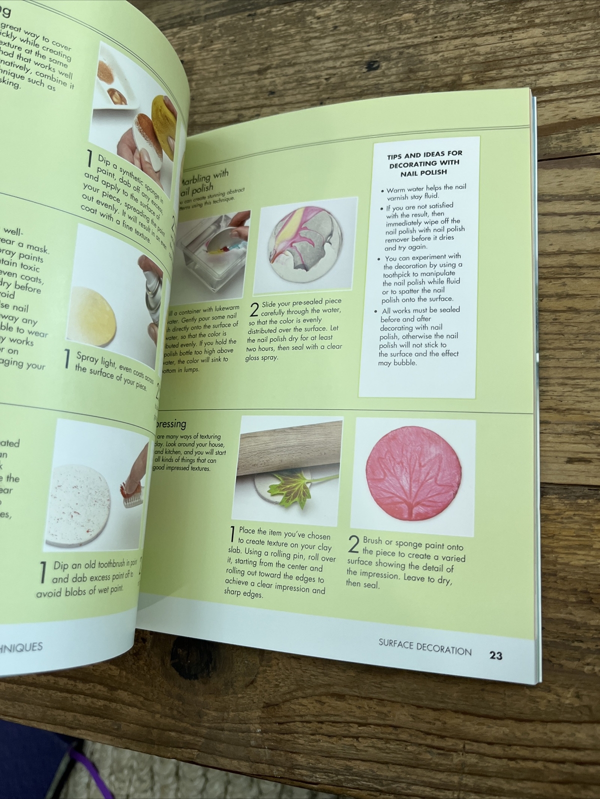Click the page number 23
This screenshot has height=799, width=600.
click(495, 655)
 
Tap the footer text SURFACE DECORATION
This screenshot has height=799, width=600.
click(424, 648)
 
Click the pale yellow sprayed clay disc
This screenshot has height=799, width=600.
click(95, 317)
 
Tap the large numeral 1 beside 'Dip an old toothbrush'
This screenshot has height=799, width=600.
click(43, 573)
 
